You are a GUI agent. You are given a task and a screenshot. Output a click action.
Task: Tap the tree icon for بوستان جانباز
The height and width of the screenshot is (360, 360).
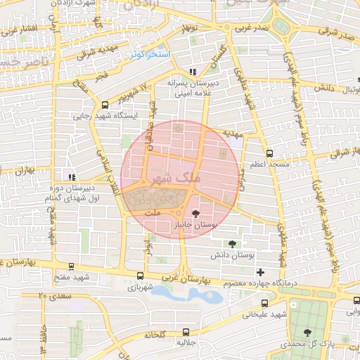(196, 212)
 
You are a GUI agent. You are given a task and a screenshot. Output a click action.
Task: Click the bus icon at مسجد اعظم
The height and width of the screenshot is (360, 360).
(269, 153)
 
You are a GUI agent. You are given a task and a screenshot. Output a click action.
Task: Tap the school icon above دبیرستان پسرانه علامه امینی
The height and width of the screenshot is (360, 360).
(193, 71)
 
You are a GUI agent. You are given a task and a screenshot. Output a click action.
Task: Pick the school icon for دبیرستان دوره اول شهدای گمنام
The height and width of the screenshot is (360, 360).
(71, 176)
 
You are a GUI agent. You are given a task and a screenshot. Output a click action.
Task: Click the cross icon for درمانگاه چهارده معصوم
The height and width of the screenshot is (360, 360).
(261, 272)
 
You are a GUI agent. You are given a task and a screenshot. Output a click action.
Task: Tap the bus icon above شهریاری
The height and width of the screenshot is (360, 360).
(141, 276)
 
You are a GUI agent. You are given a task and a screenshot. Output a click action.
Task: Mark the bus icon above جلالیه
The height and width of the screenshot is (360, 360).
(186, 332)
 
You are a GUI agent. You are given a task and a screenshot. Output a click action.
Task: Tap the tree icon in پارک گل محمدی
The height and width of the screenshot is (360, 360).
(307, 332)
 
